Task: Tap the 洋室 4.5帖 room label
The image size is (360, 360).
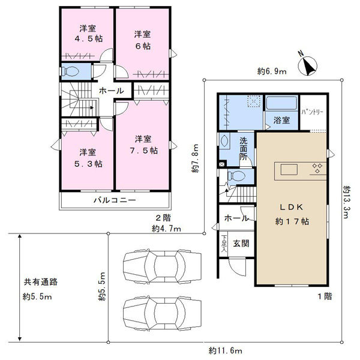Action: [x=88, y=34]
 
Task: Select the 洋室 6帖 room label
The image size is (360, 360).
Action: [x=143, y=40]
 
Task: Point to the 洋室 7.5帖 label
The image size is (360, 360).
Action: [x=143, y=145]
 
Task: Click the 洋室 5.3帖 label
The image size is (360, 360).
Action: [x=88, y=158]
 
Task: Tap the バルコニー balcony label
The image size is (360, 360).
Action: [x=115, y=200]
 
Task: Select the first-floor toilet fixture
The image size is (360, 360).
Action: [x=236, y=176]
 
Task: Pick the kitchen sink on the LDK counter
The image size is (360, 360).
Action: [x=289, y=170]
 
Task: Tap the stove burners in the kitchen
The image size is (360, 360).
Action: [x=317, y=168]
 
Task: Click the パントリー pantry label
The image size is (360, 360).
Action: [x=312, y=112]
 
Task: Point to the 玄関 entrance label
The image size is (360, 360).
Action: [x=241, y=243]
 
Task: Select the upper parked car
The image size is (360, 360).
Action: [x=163, y=266]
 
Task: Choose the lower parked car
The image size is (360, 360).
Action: [x=163, y=313]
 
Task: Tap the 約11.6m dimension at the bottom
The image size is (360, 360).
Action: [x=225, y=350]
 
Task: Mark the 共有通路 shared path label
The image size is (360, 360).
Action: [x=41, y=282]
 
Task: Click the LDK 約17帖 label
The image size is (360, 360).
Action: [x=292, y=214]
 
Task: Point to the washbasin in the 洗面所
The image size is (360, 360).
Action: [x=224, y=140]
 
